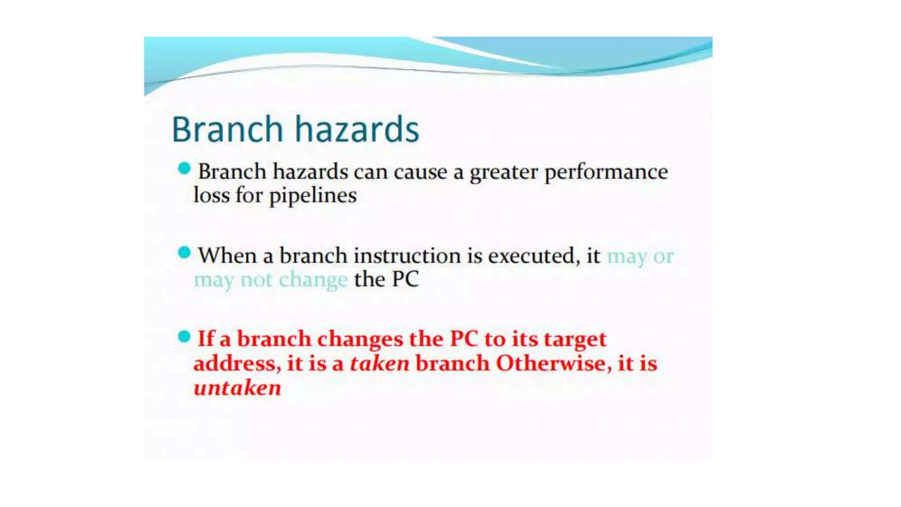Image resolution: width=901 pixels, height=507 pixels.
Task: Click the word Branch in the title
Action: tap(227, 129)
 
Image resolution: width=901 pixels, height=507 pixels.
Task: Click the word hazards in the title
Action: tap(356, 129)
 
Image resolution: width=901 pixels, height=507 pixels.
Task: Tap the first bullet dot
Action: tap(184, 169)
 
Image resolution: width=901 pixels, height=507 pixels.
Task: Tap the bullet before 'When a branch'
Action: tap(184, 253)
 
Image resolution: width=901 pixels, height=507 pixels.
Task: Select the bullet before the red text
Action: tap(184, 337)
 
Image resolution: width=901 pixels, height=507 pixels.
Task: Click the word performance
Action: tap(606, 172)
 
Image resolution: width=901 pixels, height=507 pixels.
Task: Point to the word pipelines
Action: tap(312, 196)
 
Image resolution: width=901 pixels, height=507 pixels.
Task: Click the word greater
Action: tap(504, 172)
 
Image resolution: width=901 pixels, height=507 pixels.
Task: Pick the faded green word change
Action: tap(313, 280)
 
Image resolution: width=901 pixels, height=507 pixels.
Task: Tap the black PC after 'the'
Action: tap(405, 279)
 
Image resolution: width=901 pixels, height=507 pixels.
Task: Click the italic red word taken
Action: tap(379, 364)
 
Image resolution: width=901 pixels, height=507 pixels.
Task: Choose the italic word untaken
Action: tap(237, 388)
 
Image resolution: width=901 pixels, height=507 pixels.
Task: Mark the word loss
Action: tap(212, 195)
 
